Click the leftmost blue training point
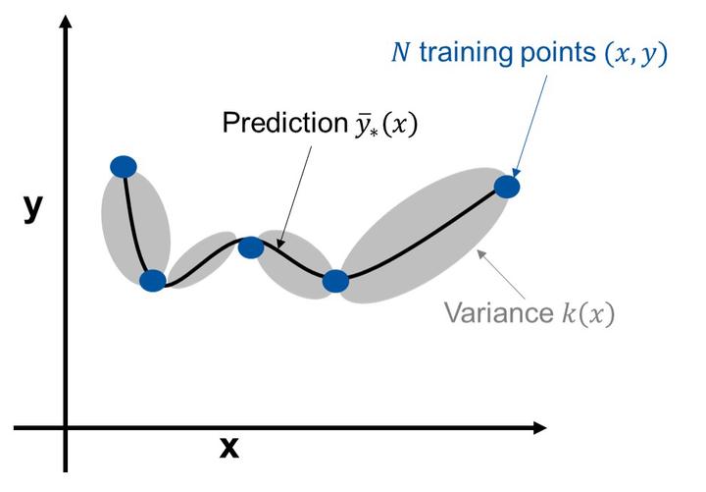[124, 167]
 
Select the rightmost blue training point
[507, 187]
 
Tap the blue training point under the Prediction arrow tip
[251, 247]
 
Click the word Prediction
[285, 122]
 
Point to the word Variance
[499, 312]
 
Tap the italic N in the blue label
[401, 52]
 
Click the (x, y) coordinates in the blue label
[635, 54]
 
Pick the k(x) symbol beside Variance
[588, 312]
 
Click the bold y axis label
[33, 208]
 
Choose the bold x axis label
[229, 448]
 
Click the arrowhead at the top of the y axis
[66, 22]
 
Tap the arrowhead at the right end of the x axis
[540, 428]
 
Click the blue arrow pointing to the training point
[530, 126]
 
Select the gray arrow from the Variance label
[501, 274]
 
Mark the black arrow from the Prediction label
[294, 196]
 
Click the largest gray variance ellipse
[425, 236]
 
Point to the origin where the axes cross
[66, 428]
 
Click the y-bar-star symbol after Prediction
[367, 125]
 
